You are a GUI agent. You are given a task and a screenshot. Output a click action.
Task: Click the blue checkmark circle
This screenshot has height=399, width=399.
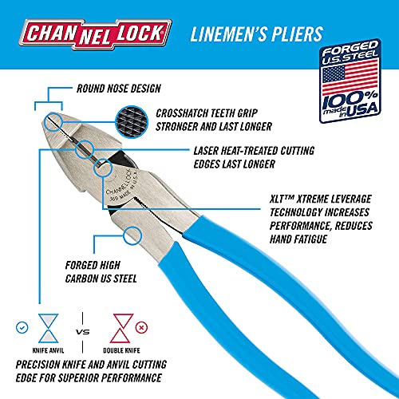pyautogui.click(x=22, y=327)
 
